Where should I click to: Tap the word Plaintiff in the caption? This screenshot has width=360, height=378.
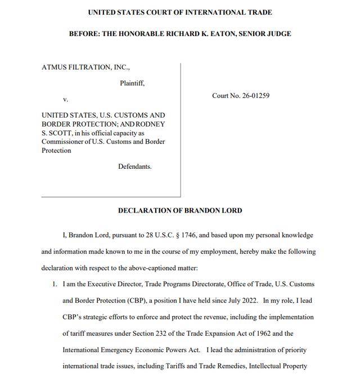pos(132,83)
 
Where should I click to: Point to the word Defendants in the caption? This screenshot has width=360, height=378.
pos(134,166)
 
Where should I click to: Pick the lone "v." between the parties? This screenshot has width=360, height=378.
pos(65,99)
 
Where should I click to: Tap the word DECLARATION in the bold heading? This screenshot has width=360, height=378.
pos(144,210)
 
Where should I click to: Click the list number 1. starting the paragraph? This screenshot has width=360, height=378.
pos(55,284)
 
